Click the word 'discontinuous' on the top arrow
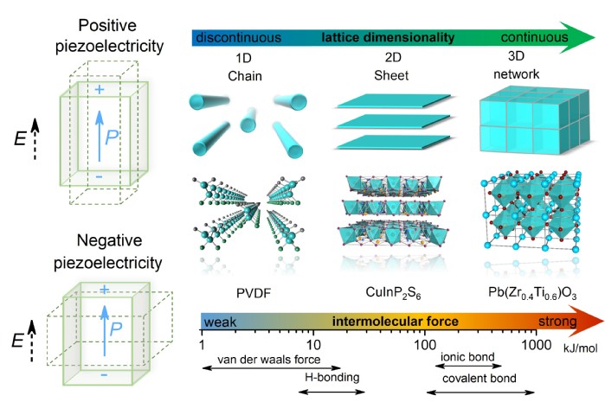pyautogui.click(x=239, y=38)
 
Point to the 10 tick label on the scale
pyautogui.click(x=314, y=345)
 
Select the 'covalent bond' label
pyautogui.click(x=473, y=378)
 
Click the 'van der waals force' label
pyautogui.click(x=258, y=359)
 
